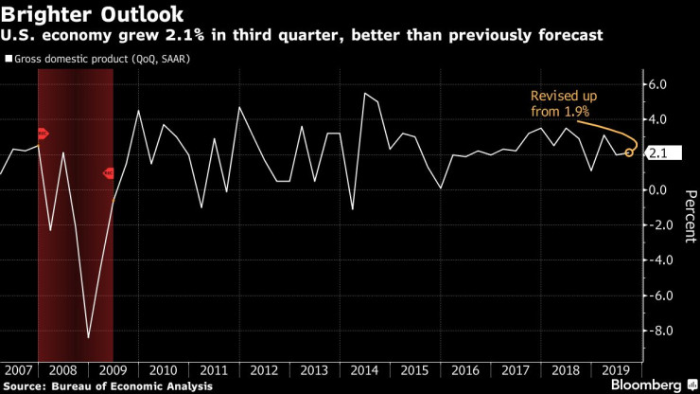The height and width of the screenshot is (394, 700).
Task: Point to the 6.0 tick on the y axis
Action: point(658,84)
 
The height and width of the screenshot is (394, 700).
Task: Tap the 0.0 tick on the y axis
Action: point(658,189)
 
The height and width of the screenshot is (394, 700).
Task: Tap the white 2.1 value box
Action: point(660,152)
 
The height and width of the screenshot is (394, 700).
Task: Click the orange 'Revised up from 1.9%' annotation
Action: point(560,104)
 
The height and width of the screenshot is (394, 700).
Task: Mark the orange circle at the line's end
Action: point(630,152)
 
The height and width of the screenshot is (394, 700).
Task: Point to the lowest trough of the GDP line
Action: point(88,337)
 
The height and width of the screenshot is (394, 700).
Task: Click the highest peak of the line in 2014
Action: point(364,93)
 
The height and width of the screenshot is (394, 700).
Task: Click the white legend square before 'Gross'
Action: point(9,59)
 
